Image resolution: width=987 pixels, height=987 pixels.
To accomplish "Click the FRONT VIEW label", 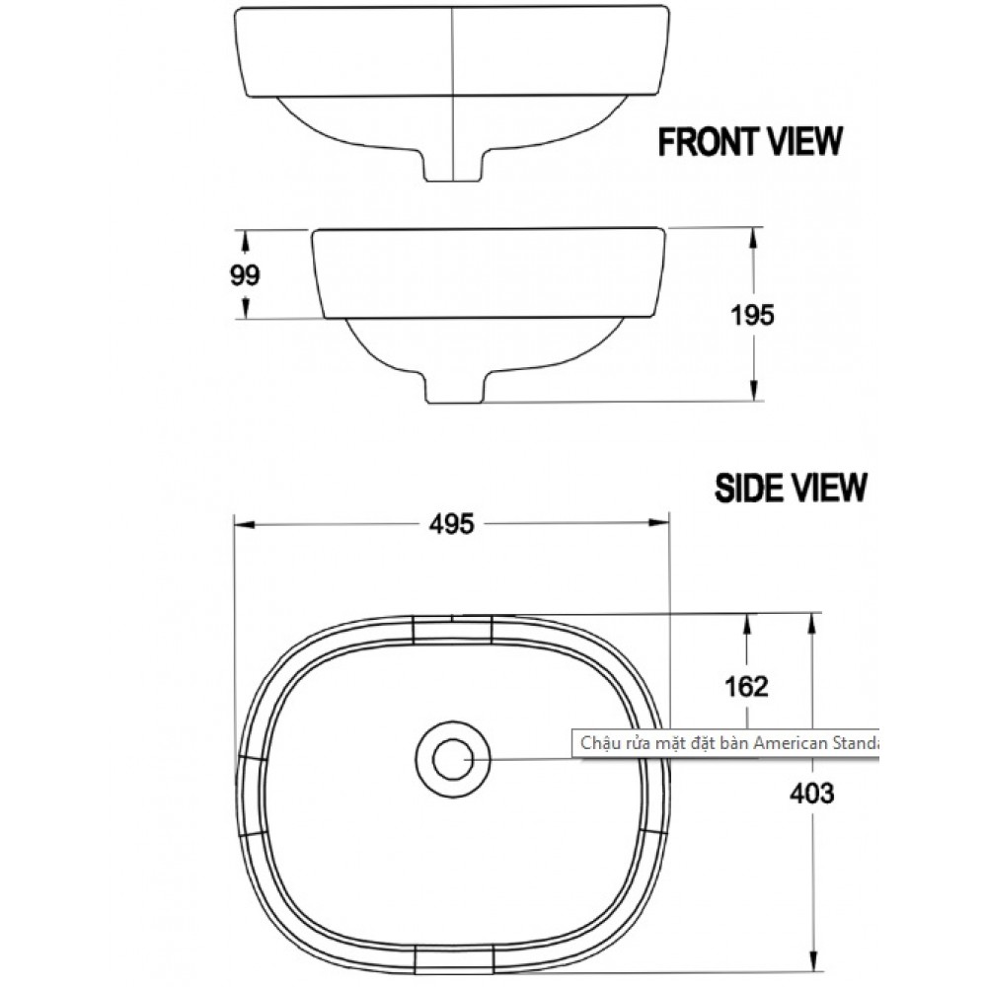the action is tap(750, 141).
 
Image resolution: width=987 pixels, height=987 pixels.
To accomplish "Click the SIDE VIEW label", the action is tap(791, 488).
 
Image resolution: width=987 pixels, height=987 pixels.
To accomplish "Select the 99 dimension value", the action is tap(245, 275).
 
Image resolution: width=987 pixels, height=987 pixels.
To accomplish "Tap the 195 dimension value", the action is tap(752, 315).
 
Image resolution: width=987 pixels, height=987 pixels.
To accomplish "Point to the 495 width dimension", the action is tap(451, 524).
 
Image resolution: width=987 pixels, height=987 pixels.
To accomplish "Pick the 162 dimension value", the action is tap(746, 686).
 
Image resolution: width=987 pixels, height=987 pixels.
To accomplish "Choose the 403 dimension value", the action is tap(812, 794).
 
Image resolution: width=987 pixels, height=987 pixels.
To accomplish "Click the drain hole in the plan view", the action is tap(453, 758).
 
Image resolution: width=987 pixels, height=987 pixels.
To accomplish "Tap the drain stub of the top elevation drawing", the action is tap(453, 166).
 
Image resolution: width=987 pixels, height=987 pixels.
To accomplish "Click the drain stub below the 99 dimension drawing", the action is tap(454, 386).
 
